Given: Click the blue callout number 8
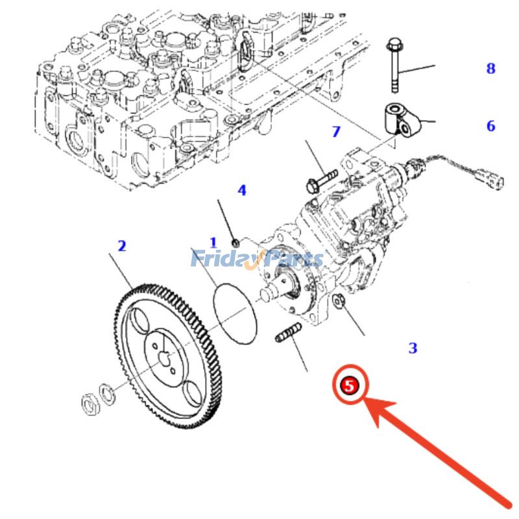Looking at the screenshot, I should click(490, 68).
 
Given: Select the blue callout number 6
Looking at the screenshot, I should click(490, 126).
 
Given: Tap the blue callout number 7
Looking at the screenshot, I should click(335, 132).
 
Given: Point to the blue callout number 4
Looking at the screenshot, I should click(241, 190).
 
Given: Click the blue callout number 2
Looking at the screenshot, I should click(121, 246).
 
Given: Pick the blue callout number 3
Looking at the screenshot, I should click(413, 348).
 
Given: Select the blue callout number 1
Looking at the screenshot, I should click(213, 243).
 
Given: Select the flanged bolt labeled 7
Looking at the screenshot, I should click(321, 180).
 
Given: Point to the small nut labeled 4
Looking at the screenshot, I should click(236, 242).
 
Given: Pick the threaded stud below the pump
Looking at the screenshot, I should click(288, 335).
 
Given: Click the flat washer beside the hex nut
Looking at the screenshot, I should click(105, 391).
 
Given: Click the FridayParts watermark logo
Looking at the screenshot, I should click(256, 259).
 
